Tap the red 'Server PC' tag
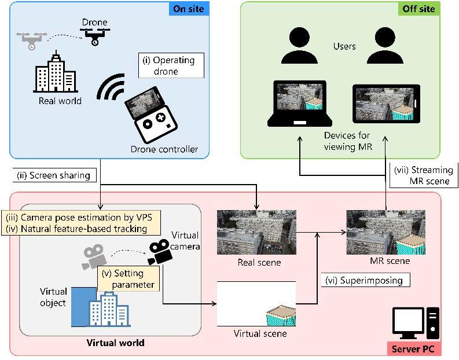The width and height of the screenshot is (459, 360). coord(414,349)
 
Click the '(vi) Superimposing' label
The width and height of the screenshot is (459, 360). coord(365,280)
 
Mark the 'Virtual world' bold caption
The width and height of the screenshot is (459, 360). coord(115,343)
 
